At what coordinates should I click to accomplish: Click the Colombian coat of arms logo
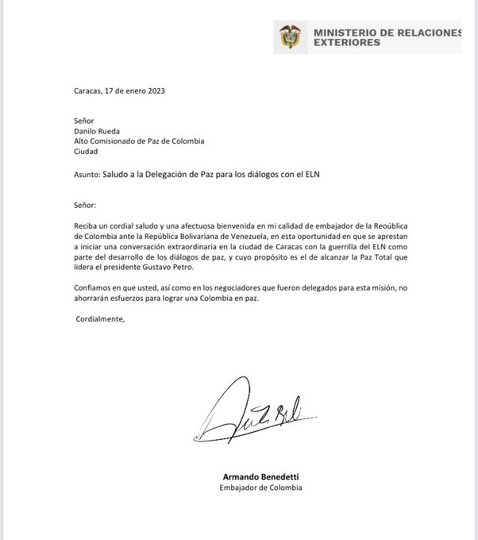point(289,37)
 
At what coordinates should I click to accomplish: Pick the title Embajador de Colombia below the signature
point(261,488)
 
